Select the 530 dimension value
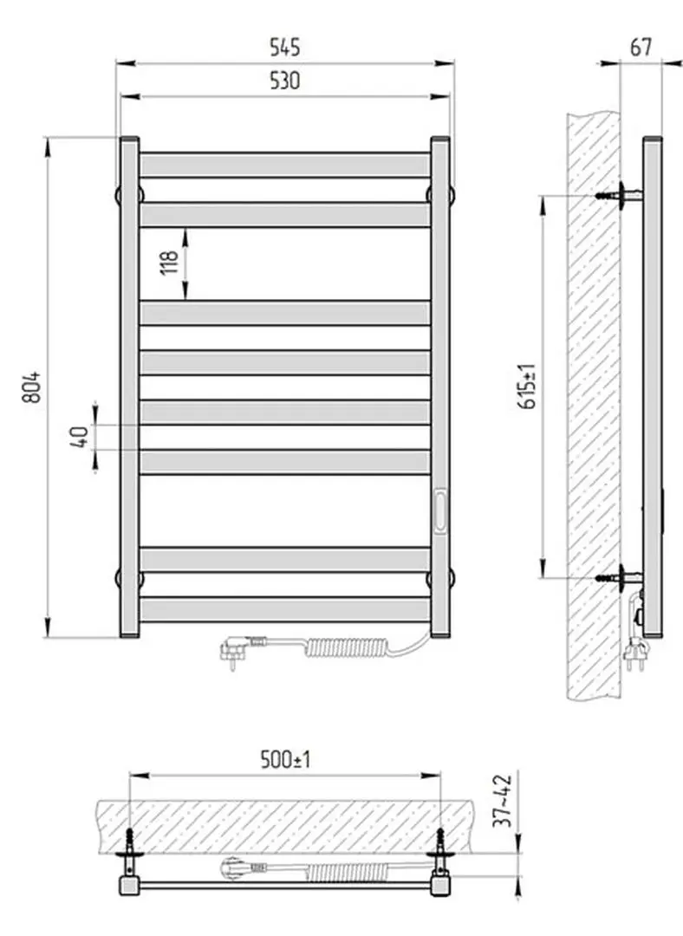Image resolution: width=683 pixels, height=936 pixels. click(284, 81)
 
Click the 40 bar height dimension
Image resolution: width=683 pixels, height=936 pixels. click(81, 437)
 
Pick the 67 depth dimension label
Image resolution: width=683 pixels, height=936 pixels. click(641, 47)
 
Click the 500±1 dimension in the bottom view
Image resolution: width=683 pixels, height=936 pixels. click(285, 761)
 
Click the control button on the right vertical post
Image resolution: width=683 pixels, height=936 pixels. click(440, 510)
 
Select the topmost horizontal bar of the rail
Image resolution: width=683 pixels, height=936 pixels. click(284, 165)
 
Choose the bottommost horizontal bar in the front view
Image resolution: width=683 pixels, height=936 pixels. click(284, 609)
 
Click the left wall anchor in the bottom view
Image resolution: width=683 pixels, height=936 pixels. click(129, 839)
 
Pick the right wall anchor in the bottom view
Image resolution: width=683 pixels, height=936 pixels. click(440, 839)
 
